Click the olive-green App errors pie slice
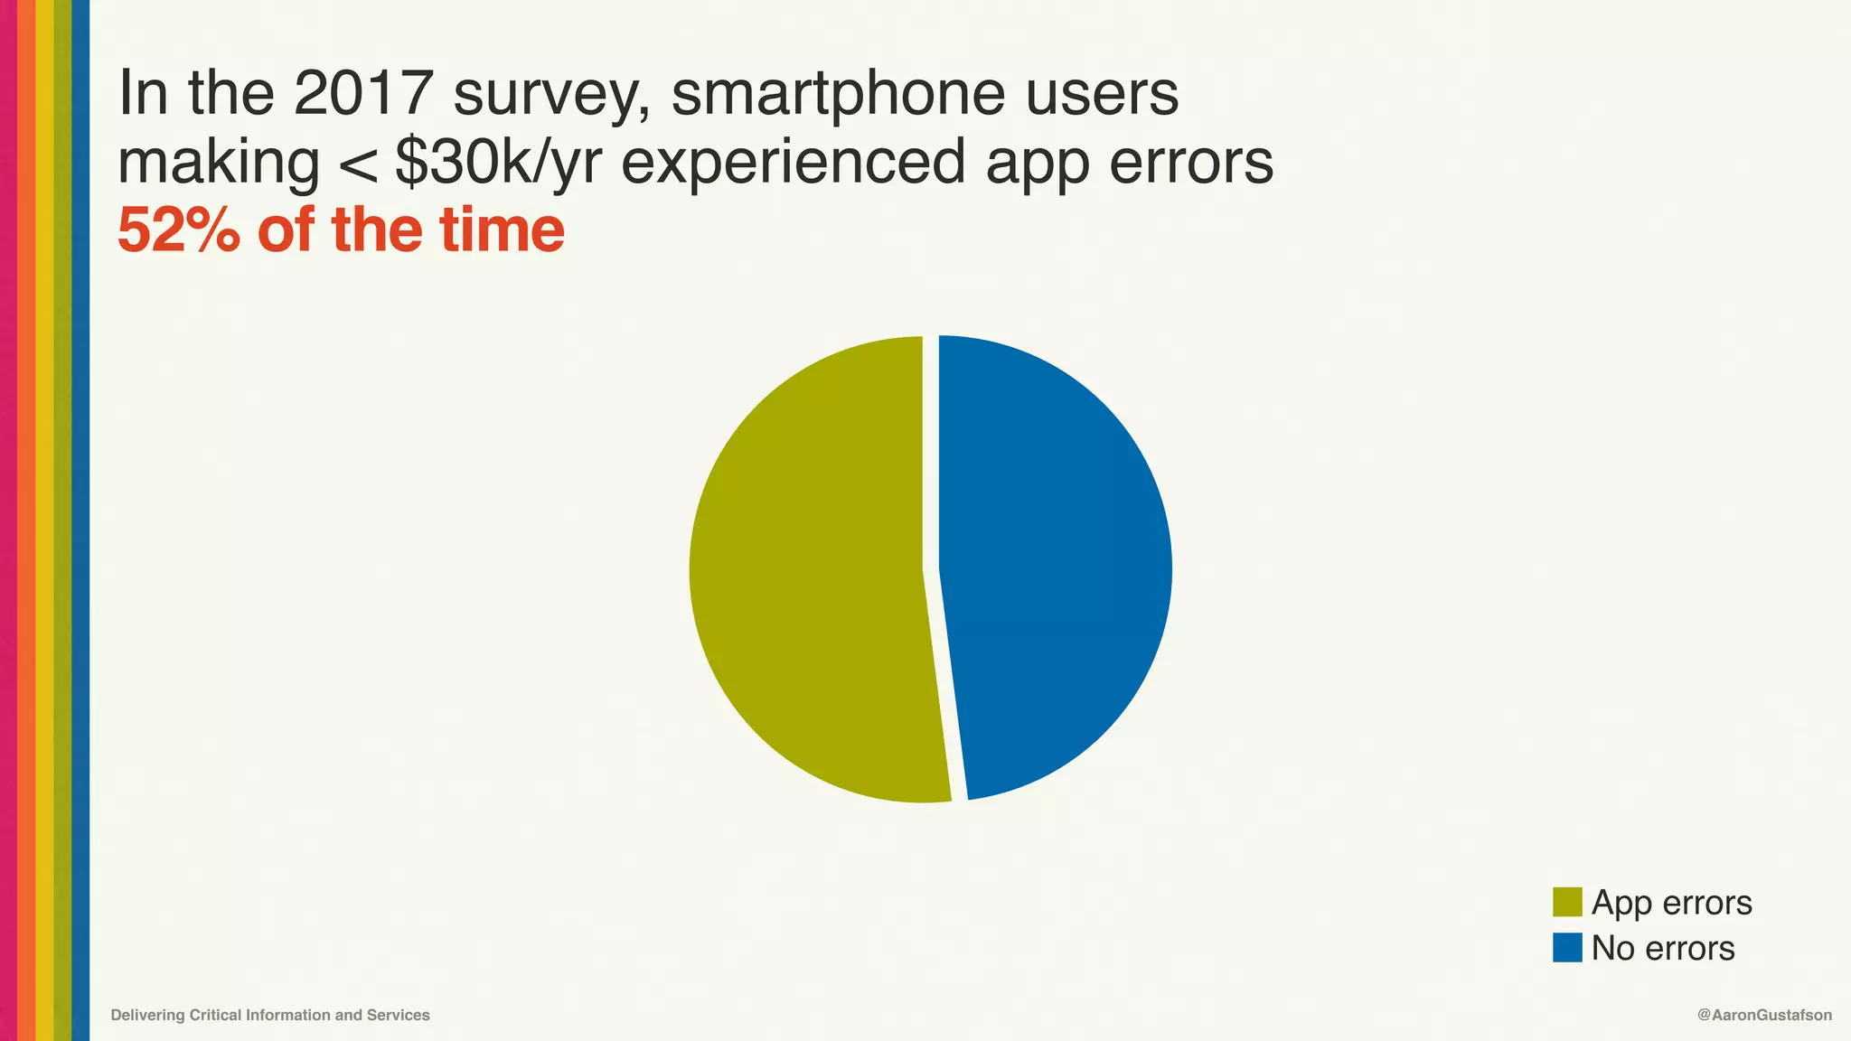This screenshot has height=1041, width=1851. [x=804, y=569]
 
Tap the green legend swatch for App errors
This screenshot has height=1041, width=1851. [x=1567, y=902]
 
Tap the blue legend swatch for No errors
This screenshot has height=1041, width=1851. [x=1567, y=948]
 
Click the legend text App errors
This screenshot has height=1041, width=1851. [x=1671, y=902]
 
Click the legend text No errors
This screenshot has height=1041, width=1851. [x=1662, y=948]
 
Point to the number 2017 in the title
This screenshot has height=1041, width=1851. [x=363, y=93]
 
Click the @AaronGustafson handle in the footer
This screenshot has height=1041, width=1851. [x=1764, y=1015]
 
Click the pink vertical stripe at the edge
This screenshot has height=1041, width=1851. [x=8, y=520]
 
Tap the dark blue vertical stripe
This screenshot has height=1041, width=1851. [x=80, y=520]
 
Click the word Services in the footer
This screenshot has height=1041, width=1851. [x=398, y=1015]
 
